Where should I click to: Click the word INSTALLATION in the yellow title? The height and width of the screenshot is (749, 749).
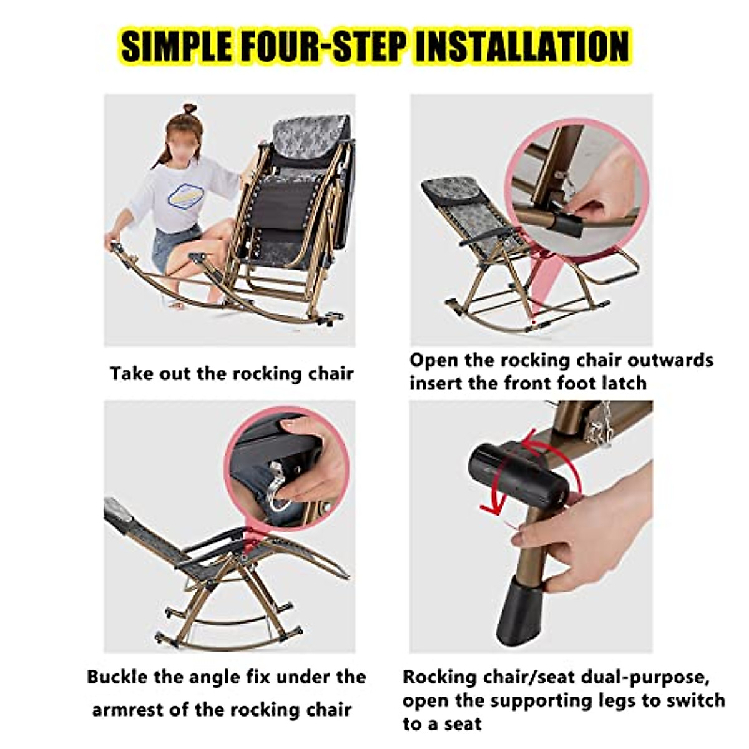(521, 47)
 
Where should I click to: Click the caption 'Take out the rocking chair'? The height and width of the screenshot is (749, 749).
(232, 374)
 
